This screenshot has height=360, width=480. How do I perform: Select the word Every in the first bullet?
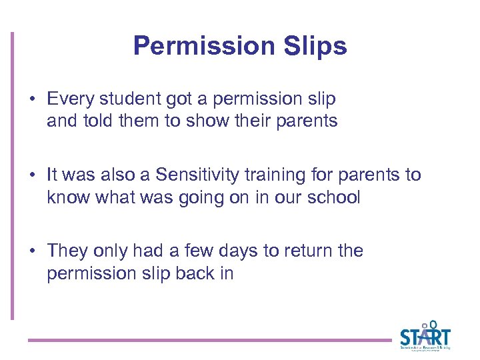[x=69, y=99]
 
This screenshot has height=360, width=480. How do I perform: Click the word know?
[x=65, y=198]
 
